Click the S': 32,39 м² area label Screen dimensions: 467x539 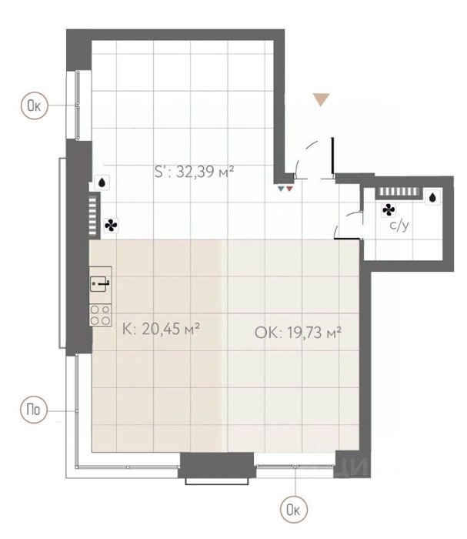(195, 171)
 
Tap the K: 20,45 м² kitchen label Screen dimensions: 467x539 (161, 329)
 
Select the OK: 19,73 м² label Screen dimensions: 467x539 (298, 333)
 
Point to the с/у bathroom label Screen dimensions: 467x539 (399, 226)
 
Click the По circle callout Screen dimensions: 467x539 (34, 410)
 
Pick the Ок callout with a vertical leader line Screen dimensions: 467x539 (294, 510)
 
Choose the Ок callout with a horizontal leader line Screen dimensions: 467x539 (35, 105)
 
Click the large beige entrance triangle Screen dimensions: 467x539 (321, 99)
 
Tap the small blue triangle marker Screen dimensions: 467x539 (282, 189)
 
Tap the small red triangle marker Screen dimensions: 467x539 (290, 189)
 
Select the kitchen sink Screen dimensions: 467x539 (100, 283)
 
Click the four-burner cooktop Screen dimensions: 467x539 (100, 315)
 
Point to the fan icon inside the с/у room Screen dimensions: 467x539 (389, 209)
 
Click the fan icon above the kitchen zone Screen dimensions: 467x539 (111, 226)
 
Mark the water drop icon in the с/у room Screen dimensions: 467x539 (432, 197)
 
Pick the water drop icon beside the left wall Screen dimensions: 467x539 (102, 182)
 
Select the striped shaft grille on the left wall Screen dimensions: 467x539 (93, 216)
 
